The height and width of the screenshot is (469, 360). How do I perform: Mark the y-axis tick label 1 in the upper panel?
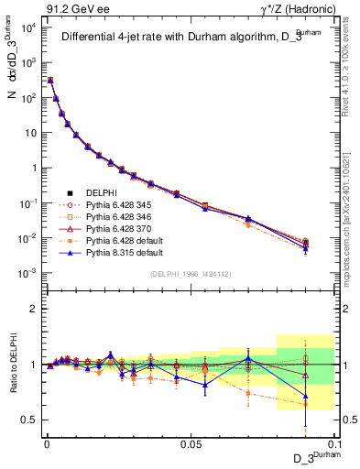(35, 168)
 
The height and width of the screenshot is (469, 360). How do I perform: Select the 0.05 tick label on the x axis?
(191, 442)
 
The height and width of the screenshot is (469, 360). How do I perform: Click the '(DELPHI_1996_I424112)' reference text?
(191, 272)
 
